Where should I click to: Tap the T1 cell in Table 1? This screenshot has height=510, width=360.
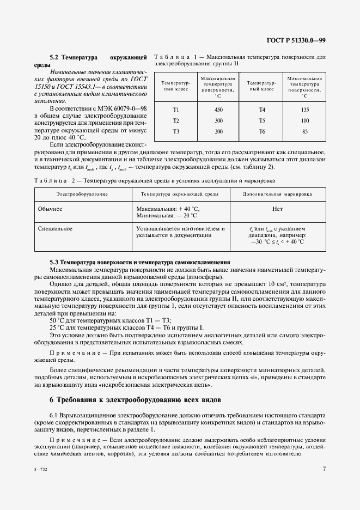pos(176,110)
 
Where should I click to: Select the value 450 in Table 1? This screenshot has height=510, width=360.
pos(218,110)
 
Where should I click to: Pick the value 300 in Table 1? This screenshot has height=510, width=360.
pos(218,120)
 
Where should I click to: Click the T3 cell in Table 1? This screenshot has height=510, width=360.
pos(176,131)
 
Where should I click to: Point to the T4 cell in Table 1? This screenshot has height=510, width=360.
pos(261,110)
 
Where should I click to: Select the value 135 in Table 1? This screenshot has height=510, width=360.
pos(304,110)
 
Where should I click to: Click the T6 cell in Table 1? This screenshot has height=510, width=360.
pos(261,131)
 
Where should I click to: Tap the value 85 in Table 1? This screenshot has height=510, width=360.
pos(304,131)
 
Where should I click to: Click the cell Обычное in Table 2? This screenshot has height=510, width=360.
pos(51,209)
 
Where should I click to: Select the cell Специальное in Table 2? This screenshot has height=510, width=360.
pos(55,229)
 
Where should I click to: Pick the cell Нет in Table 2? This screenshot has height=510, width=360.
pos(277,209)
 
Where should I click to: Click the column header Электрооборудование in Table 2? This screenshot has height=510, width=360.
pos(82,194)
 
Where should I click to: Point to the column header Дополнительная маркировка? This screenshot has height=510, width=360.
pos(277,194)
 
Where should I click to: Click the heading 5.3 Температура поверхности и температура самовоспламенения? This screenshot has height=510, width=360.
pos(139,262)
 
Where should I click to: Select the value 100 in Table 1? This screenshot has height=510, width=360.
pos(304,120)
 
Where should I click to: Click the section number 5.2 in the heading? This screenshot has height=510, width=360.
pos(54,57)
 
